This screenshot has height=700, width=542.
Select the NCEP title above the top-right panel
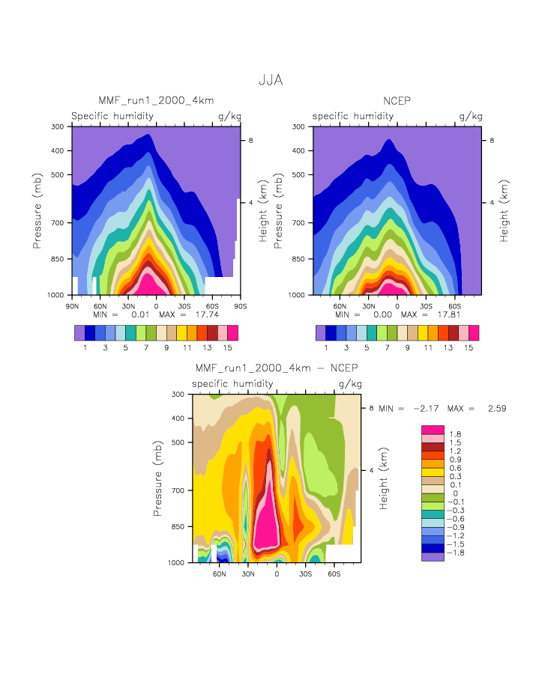397,100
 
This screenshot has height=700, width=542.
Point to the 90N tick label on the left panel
73,305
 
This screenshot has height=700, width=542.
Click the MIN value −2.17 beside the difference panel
426,409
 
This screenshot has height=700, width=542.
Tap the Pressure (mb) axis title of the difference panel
158,478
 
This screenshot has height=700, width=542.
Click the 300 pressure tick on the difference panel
178,394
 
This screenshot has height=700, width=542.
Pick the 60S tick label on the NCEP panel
454,305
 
